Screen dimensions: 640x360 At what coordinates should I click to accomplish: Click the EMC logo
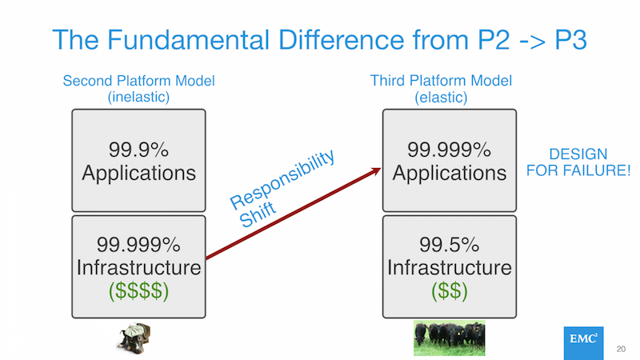(x=583, y=343)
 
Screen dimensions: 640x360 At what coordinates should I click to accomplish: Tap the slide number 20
(x=621, y=349)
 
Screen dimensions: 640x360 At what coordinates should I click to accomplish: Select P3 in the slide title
(x=570, y=40)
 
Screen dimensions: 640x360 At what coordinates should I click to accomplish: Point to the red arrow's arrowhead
(x=375, y=171)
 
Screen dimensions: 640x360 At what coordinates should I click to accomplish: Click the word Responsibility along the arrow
(x=282, y=178)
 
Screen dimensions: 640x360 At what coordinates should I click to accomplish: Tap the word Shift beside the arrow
(x=257, y=214)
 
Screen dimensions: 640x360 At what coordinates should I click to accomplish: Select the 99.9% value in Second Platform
(x=138, y=150)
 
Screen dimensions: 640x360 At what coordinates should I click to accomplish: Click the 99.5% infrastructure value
(x=449, y=245)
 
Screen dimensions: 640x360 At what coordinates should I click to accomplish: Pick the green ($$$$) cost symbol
(x=138, y=290)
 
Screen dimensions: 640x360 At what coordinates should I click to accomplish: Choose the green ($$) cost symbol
(x=450, y=290)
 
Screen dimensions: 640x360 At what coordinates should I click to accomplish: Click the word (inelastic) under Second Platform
(x=138, y=97)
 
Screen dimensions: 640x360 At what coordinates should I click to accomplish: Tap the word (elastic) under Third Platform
(x=441, y=98)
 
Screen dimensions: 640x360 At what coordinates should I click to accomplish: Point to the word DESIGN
(x=578, y=154)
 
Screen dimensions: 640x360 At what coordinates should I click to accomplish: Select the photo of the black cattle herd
(x=450, y=338)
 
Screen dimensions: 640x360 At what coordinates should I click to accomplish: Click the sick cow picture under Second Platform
(x=134, y=338)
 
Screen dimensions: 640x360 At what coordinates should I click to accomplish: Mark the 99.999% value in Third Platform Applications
(x=449, y=150)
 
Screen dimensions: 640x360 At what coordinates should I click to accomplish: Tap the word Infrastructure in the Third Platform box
(x=450, y=268)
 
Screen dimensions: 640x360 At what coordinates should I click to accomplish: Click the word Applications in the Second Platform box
(x=138, y=173)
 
